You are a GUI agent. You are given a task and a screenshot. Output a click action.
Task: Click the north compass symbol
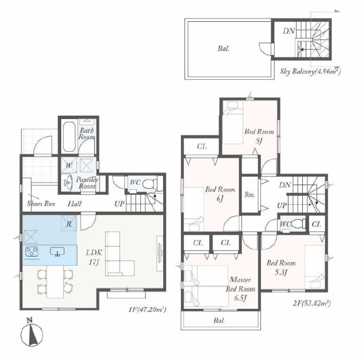point(32,334)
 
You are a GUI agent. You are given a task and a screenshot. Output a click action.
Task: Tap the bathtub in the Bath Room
point(69,137)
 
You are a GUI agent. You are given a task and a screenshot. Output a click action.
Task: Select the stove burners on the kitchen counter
point(32,251)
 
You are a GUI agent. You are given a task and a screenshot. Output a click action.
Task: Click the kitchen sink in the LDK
point(57,251)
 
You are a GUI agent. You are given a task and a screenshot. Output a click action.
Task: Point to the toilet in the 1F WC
point(149,184)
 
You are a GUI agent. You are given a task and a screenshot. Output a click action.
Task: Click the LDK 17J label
point(94,257)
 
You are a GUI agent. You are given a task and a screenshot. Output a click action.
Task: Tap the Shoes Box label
point(41,204)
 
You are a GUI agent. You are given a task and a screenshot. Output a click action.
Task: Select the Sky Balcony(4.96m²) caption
point(310,71)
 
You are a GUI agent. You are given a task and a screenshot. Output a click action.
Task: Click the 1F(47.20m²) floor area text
point(147,309)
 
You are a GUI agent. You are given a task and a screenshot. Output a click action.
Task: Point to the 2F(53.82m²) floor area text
point(311,303)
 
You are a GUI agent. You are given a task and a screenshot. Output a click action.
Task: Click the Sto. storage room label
point(249,195)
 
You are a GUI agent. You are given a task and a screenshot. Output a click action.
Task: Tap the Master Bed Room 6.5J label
point(240,289)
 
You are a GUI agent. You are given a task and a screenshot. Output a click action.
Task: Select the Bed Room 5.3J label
point(281,267)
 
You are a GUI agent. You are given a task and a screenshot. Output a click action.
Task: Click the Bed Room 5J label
point(259,136)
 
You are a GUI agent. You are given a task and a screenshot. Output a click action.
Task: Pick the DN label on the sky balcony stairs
point(289,31)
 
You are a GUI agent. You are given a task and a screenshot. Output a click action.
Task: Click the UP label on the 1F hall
point(120,204)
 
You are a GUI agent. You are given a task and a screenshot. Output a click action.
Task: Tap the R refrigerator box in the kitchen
point(69,224)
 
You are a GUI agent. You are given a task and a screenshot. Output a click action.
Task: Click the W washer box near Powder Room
point(69,165)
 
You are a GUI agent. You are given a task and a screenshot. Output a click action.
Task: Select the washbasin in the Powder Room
point(67,182)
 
